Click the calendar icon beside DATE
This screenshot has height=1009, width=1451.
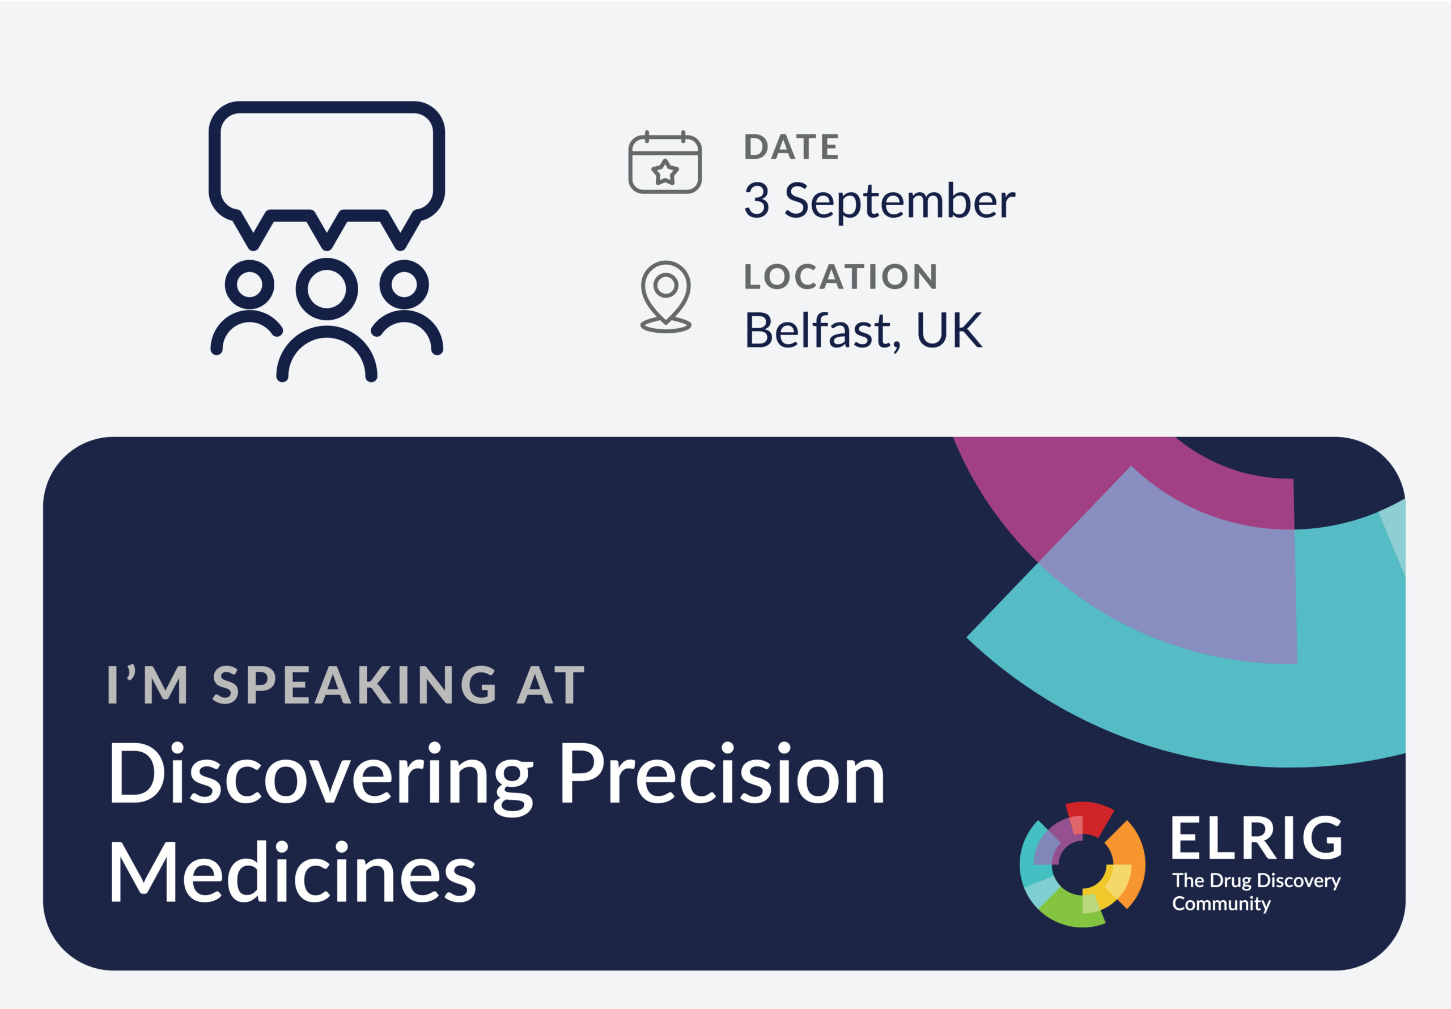pyautogui.click(x=665, y=162)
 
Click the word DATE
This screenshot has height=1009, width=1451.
pyautogui.click(x=791, y=147)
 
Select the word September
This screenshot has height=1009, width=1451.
pyautogui.click(x=900, y=201)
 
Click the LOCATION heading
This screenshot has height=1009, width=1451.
pyautogui.click(x=841, y=276)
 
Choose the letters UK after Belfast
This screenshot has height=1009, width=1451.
pyautogui.click(x=949, y=330)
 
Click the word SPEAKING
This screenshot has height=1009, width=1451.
pyautogui.click(x=354, y=685)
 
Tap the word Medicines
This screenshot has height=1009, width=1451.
pyautogui.click(x=292, y=872)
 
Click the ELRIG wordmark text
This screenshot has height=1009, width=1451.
pyautogui.click(x=1257, y=838)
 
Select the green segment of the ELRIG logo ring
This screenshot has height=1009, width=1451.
pyautogui.click(x=1068, y=910)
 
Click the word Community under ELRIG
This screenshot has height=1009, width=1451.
pyautogui.click(x=1221, y=904)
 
